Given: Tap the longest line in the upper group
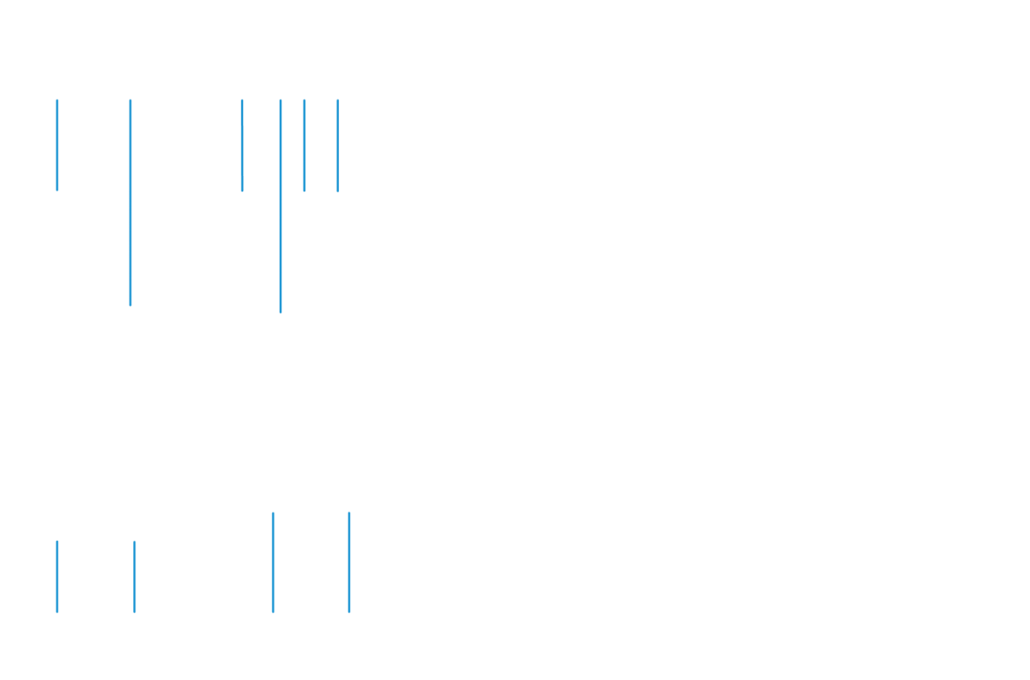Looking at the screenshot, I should (281, 206).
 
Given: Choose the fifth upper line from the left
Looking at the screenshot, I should (304, 137).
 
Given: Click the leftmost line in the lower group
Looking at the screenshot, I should (57, 577).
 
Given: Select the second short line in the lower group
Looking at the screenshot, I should (135, 577).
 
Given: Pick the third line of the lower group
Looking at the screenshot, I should (273, 562).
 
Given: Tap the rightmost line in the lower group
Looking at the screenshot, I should (349, 562).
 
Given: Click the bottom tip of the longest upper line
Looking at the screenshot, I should (281, 313).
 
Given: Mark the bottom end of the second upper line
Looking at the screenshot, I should (130, 305).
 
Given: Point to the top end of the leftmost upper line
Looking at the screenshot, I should (57, 100).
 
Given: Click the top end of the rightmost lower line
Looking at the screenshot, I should (349, 513).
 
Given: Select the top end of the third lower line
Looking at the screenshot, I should (273, 513).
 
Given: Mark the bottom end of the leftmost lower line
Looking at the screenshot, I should (57, 612).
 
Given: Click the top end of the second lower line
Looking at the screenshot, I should (135, 542).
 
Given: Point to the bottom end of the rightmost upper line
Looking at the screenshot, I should (337, 191).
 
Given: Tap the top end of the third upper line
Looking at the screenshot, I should (242, 100).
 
